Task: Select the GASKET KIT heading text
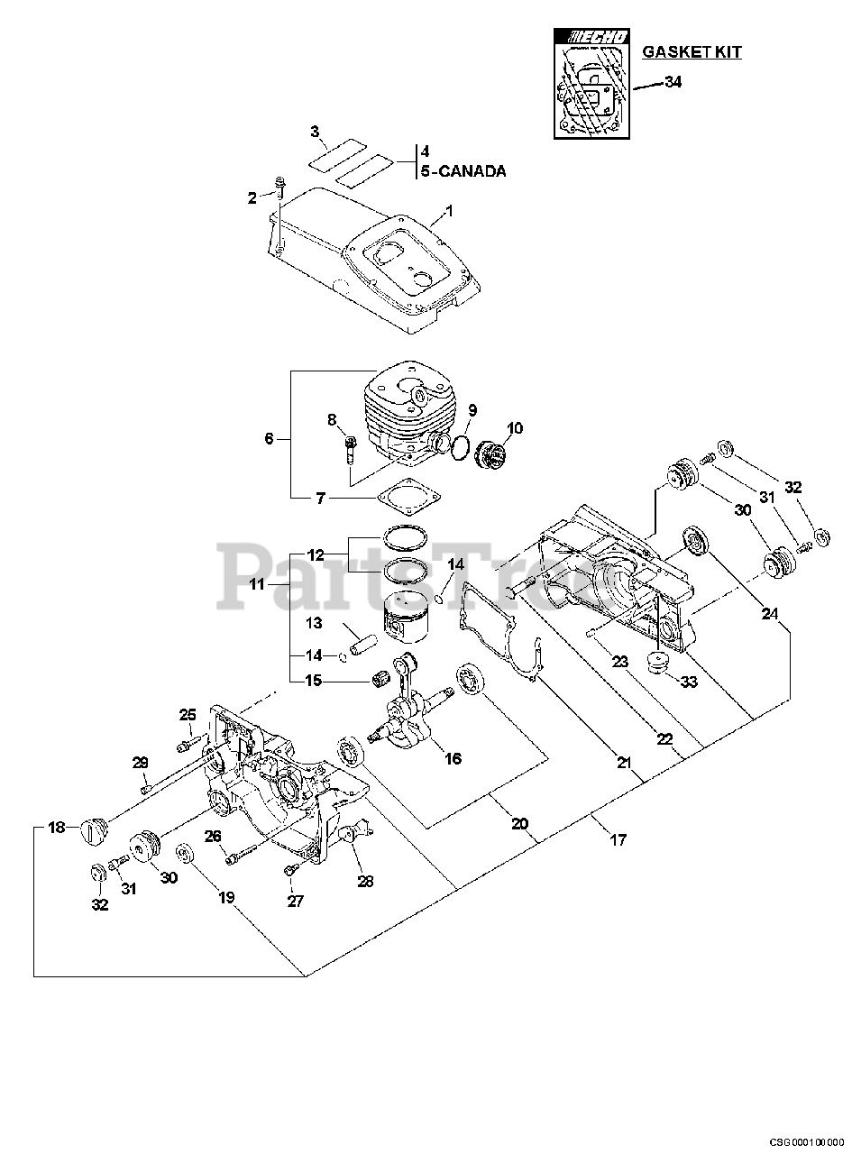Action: point(692,52)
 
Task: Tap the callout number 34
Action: point(673,82)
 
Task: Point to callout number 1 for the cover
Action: point(448,210)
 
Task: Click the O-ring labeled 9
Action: point(459,447)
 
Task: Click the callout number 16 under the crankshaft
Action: point(453,759)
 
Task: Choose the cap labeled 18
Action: point(92,826)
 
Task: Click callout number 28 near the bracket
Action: point(365,882)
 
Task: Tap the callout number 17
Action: point(618,840)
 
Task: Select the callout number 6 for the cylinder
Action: point(269,439)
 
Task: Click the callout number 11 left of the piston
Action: point(257,584)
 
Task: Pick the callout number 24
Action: point(769,614)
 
